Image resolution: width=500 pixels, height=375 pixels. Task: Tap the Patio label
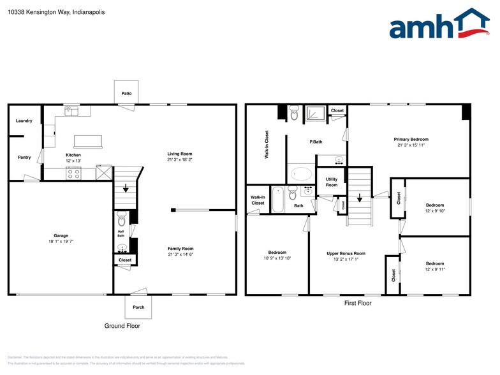point(126,94)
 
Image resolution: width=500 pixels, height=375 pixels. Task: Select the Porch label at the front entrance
point(138,307)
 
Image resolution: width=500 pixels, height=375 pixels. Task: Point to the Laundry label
point(24,121)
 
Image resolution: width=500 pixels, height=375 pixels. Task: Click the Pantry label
point(24,157)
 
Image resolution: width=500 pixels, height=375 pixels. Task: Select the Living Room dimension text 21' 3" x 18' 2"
point(179,160)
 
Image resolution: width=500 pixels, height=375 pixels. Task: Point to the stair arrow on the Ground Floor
point(126,187)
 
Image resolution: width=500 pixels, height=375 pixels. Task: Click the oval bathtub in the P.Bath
point(301,173)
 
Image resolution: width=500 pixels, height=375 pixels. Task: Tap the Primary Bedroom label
point(410,139)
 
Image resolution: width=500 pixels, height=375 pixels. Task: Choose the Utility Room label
point(332,182)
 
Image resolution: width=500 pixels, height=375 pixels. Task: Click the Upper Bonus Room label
point(346,253)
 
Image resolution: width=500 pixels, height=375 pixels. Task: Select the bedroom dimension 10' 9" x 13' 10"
point(277,258)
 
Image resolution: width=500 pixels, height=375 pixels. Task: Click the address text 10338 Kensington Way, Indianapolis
point(57,12)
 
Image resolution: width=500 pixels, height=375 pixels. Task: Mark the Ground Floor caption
point(122,326)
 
